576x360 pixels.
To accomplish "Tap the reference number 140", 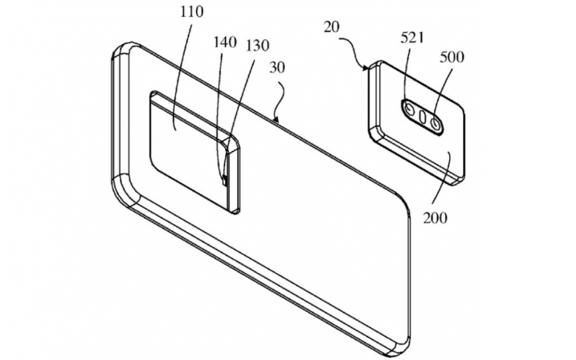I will click(225, 43).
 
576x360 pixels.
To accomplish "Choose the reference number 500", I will click(451, 57).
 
